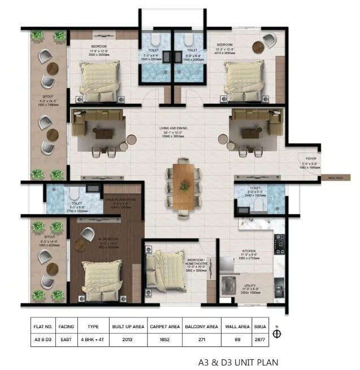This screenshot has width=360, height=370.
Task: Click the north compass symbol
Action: click(277, 333)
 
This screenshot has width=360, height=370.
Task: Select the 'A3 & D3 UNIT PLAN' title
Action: click(238, 362)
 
